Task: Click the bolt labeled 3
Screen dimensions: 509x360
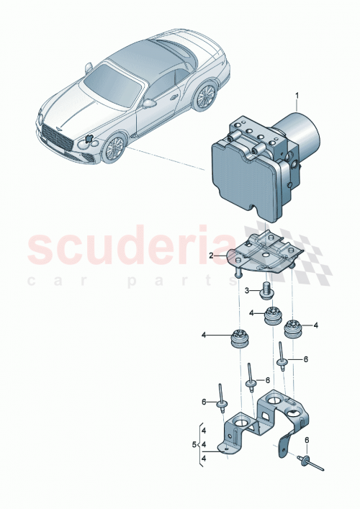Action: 268,292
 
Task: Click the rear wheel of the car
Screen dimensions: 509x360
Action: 206,95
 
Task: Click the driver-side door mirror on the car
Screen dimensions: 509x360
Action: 150,103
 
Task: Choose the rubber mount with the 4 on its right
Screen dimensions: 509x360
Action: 292,328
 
